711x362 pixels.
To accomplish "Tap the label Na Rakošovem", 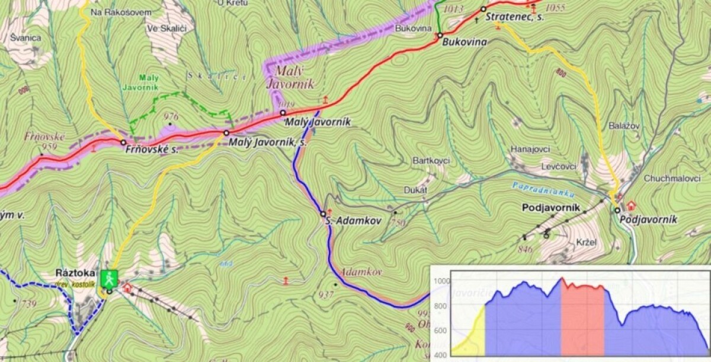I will pyautogui.click(x=117, y=12).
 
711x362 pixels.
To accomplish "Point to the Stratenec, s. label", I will pyautogui.click(x=515, y=17).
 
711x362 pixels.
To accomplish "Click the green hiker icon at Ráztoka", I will pyautogui.click(x=108, y=277).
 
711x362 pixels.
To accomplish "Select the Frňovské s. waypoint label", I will pyautogui.click(x=152, y=150).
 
